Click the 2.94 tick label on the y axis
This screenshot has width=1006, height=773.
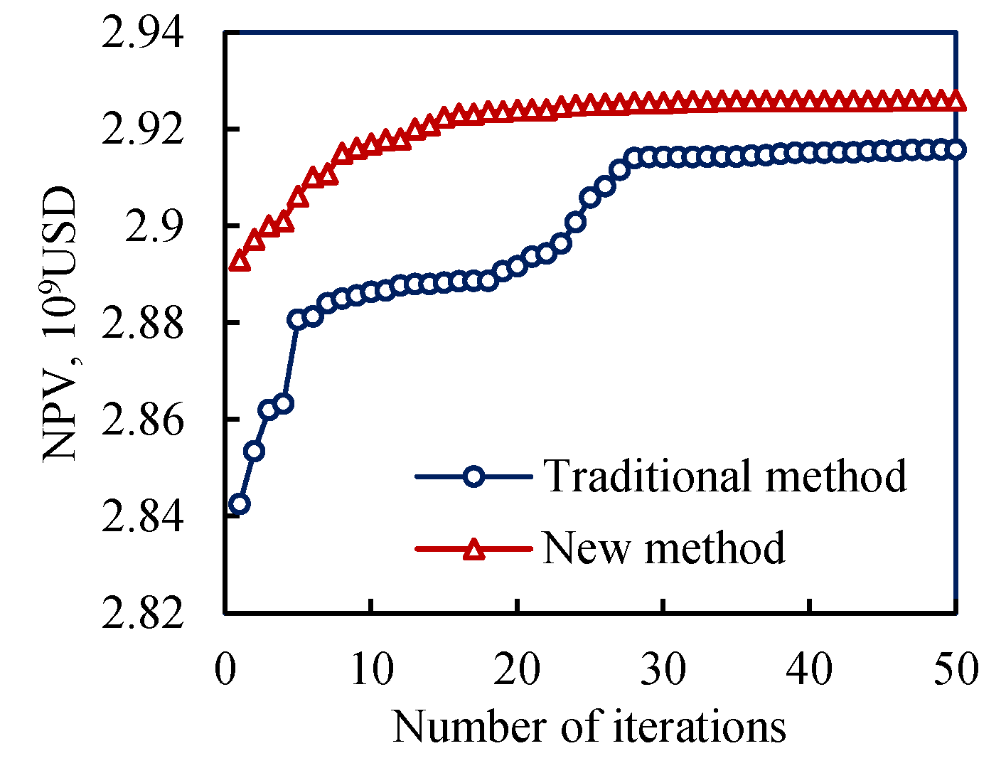click(143, 33)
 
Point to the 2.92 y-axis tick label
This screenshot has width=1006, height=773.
click(143, 129)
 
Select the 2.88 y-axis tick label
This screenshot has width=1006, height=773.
click(143, 323)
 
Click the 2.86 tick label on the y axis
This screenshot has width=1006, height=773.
click(143, 420)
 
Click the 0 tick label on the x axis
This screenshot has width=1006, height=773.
click(225, 669)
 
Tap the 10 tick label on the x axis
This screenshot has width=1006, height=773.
click(371, 669)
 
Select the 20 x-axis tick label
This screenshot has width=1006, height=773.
click(518, 669)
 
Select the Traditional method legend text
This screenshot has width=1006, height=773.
click(725, 476)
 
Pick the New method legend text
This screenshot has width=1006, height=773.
click(664, 548)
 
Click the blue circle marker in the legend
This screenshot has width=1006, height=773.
click(473, 476)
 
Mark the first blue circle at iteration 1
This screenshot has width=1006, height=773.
click(240, 504)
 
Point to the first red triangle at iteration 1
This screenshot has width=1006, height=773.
click(240, 262)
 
